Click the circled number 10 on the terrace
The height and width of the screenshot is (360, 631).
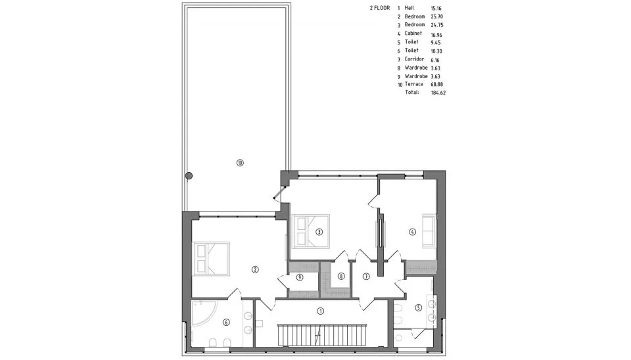240,163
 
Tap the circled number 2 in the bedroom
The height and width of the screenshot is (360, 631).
255,270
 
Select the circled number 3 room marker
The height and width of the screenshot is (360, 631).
319,232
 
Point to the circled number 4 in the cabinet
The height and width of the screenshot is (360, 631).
412,232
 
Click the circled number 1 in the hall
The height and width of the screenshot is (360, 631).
320,311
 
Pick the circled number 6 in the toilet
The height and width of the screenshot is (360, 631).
226,322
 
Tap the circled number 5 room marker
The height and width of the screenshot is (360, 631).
418,307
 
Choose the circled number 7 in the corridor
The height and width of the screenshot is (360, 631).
366,277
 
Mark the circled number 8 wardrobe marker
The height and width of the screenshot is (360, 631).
341,277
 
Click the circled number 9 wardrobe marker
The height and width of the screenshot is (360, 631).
300,277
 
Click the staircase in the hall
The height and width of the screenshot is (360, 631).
322,334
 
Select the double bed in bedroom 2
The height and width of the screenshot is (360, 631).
211,258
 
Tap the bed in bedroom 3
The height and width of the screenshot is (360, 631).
312,231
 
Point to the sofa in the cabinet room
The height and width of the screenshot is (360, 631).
429,231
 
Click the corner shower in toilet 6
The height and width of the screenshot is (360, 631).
204,314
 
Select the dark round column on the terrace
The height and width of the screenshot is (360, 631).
189,176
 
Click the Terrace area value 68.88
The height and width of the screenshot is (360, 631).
436,85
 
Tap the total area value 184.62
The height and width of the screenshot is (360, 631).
438,93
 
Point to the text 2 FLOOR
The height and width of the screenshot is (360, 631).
380,8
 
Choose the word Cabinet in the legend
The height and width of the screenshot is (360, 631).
413,34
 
